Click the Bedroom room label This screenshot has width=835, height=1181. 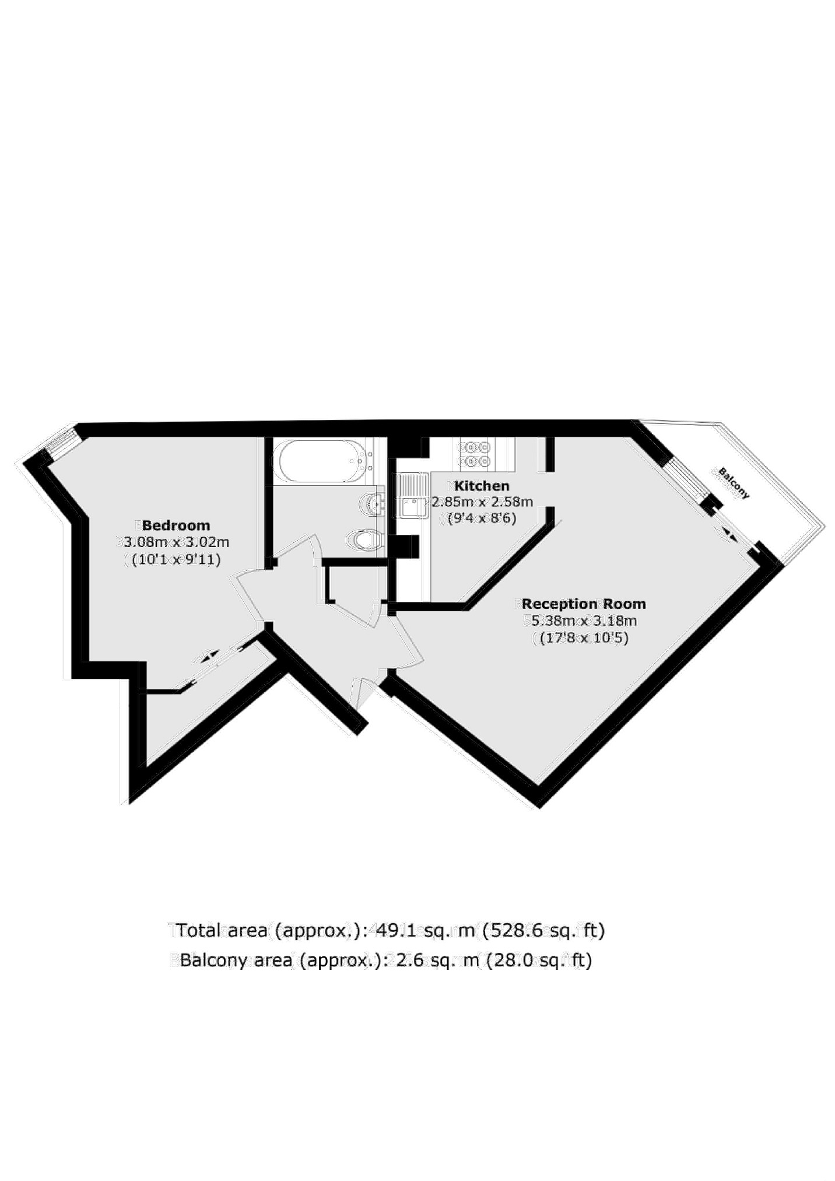176,525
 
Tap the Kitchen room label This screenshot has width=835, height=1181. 482,485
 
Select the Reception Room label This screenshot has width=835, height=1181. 584,604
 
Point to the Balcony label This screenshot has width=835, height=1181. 734,482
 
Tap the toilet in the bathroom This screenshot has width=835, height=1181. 365,540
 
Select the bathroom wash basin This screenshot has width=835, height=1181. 371,503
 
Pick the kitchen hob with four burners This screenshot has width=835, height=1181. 475,454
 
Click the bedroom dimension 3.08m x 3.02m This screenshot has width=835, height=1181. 174,542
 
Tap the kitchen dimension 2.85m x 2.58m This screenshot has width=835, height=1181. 482,502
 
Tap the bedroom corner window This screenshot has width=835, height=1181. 61,444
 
